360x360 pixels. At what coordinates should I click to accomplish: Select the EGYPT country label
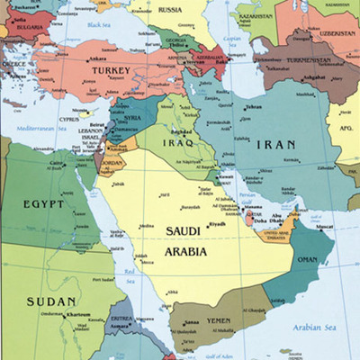click(45, 203)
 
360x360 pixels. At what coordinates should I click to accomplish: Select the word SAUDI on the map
click(184, 231)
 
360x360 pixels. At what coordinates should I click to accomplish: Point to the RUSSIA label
click(169, 10)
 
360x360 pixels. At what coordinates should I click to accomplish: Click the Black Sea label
click(98, 25)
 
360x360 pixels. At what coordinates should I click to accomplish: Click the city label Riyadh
click(216, 223)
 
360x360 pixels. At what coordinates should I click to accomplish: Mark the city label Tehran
click(253, 107)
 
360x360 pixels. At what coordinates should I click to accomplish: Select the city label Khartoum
click(78, 315)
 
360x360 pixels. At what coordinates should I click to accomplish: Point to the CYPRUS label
click(69, 119)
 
